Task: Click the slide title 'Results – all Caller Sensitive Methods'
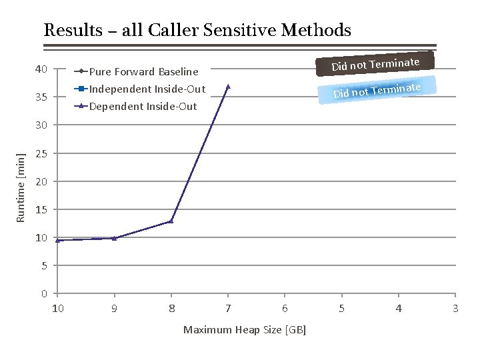click(x=197, y=30)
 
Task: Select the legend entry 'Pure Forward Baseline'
click(x=143, y=71)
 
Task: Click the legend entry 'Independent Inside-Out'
click(x=147, y=89)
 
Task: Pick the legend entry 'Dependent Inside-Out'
click(x=143, y=106)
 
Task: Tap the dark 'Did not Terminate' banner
click(x=375, y=64)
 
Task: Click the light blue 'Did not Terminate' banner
click(x=377, y=89)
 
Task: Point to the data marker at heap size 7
click(x=228, y=86)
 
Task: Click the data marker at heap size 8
click(x=171, y=221)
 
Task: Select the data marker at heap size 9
click(x=114, y=238)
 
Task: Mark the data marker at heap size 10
click(x=58, y=240)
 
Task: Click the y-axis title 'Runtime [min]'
click(x=21, y=187)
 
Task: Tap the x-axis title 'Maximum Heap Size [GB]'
click(x=244, y=329)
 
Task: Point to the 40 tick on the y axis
click(x=41, y=69)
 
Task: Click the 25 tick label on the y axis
click(x=41, y=154)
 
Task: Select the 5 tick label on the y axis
click(x=43, y=266)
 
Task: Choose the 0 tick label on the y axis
click(x=43, y=294)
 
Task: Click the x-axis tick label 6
click(x=285, y=308)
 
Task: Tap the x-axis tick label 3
click(x=455, y=308)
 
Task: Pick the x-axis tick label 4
click(x=399, y=308)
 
